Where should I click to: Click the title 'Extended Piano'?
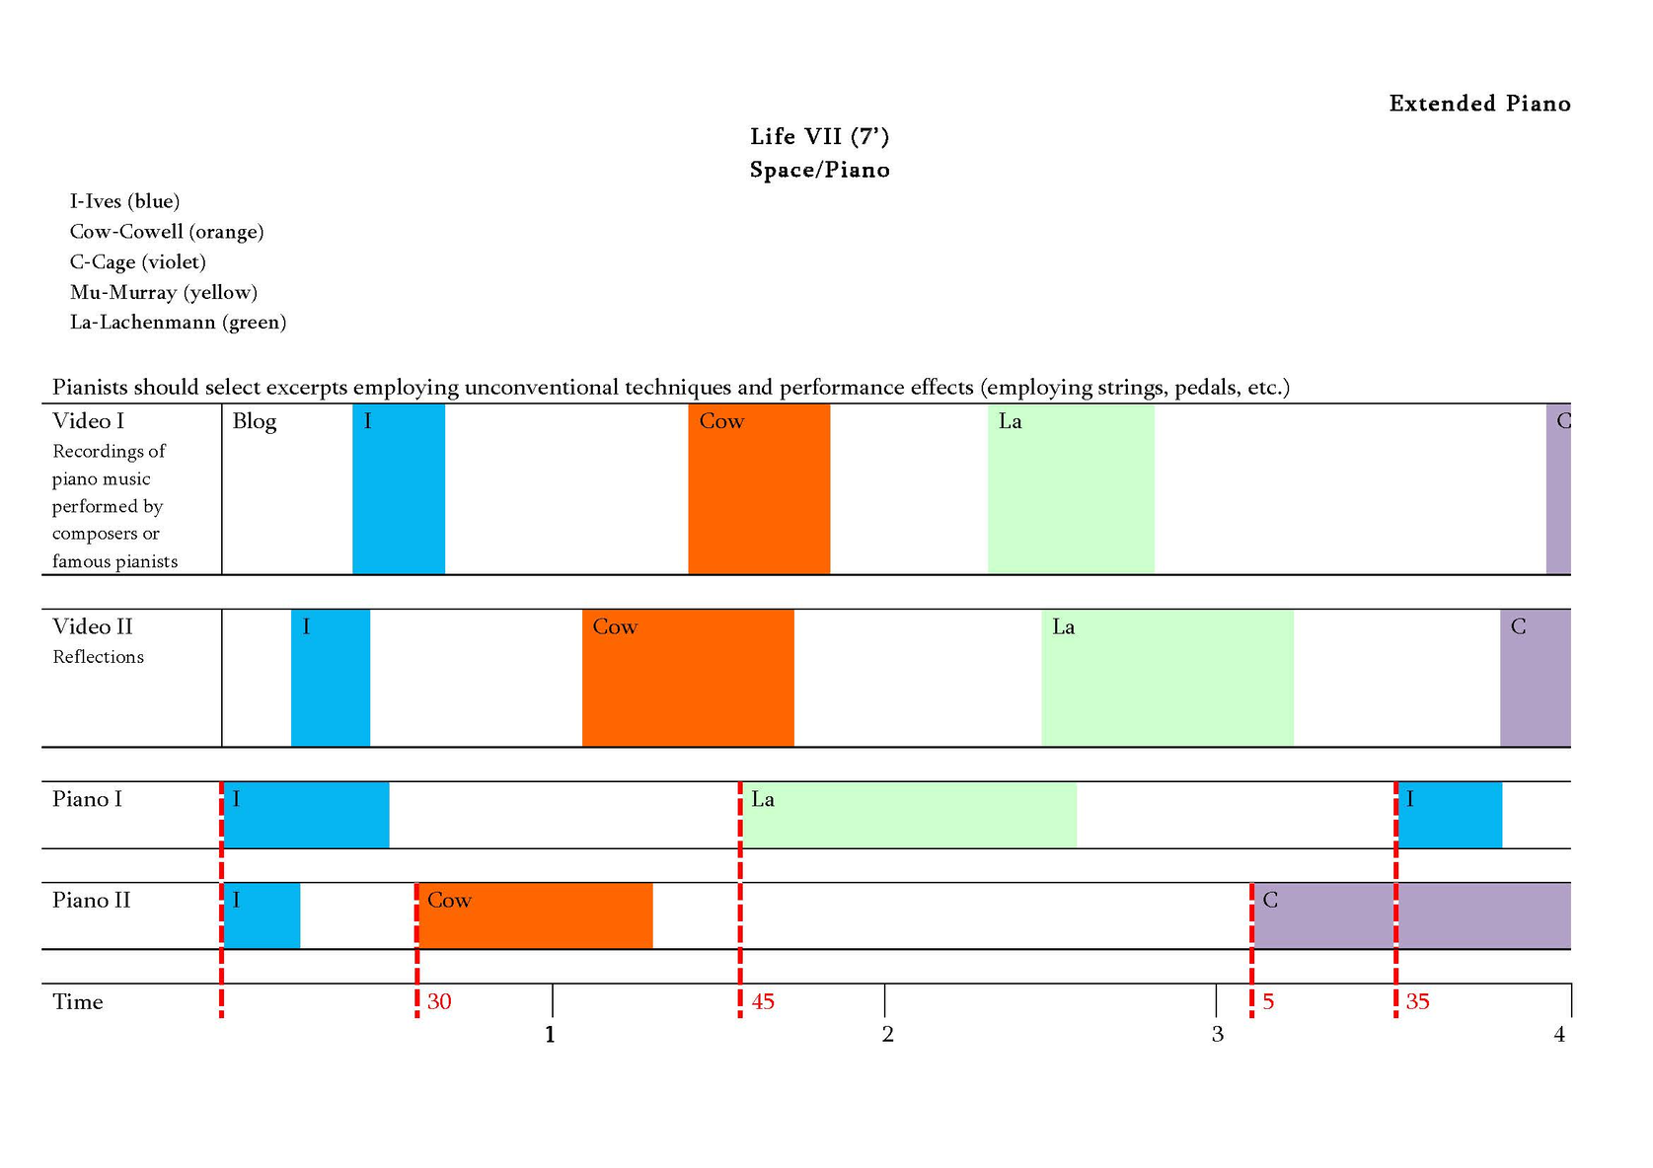pyautogui.click(x=1478, y=104)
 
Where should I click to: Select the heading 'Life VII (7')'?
pyautogui.click(x=819, y=136)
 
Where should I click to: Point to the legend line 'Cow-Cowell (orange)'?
pyautogui.click(x=167, y=232)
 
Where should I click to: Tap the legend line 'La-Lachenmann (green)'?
pyautogui.click(x=178, y=323)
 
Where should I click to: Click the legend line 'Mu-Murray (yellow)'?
pyautogui.click(x=164, y=292)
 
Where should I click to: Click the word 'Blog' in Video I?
pyautogui.click(x=255, y=421)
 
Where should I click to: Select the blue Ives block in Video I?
pyautogui.click(x=399, y=489)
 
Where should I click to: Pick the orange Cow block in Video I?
pyautogui.click(x=759, y=489)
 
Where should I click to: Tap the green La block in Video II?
pyautogui.click(x=1167, y=679)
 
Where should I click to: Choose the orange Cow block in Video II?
pyautogui.click(x=688, y=679)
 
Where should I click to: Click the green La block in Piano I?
pyautogui.click(x=909, y=816)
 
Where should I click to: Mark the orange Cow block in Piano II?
pyautogui.click(x=536, y=916)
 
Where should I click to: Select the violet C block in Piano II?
pyautogui.click(x=1411, y=916)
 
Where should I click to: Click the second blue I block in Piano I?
pyautogui.click(x=1450, y=816)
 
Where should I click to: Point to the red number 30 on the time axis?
pyautogui.click(x=439, y=1002)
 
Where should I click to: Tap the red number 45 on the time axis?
pyautogui.click(x=763, y=1002)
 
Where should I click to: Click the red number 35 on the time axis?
pyautogui.click(x=1418, y=1002)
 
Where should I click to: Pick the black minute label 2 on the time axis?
pyautogui.click(x=888, y=1035)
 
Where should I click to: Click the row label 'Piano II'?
pyautogui.click(x=91, y=901)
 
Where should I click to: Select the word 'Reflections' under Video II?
pyautogui.click(x=98, y=657)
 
